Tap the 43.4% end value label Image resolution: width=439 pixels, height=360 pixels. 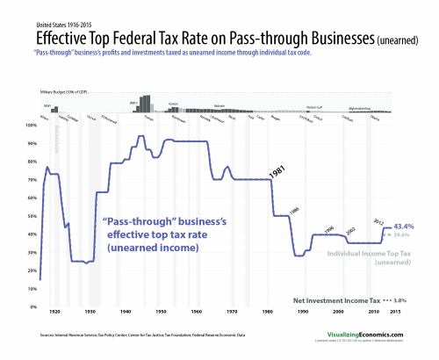[404, 226]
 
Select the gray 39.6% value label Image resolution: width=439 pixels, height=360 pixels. [403, 235]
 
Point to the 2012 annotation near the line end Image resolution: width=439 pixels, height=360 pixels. [378, 222]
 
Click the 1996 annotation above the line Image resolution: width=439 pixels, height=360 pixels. [329, 229]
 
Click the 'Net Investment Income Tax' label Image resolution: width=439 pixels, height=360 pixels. [337, 299]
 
